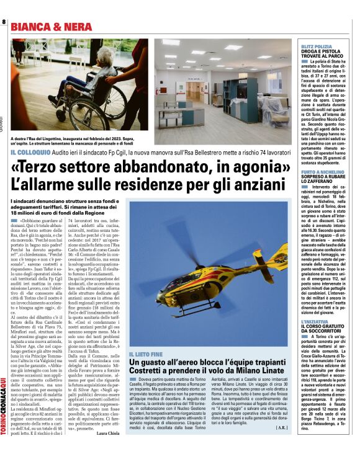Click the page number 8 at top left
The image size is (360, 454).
[4, 23]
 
